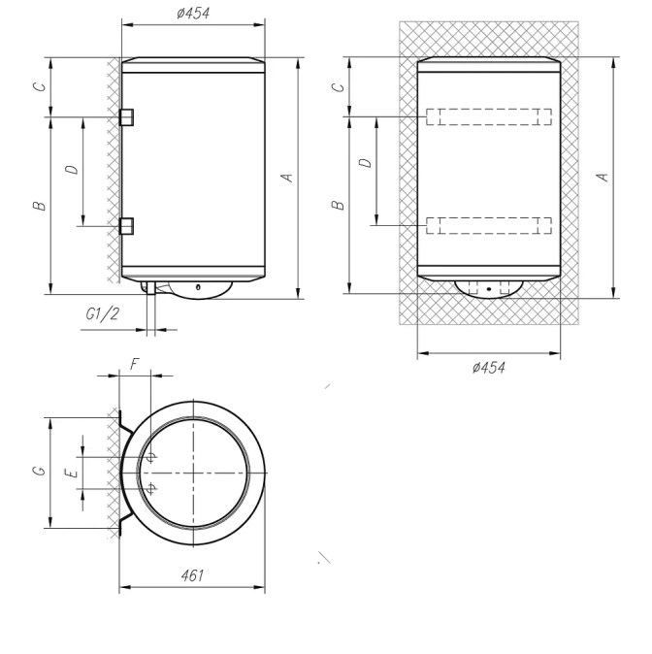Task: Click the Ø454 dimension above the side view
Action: (193, 14)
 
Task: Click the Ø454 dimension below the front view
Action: (488, 368)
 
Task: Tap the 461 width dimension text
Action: (192, 575)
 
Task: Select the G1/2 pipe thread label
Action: (102, 313)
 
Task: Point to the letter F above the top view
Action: (134, 364)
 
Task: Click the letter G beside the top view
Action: (39, 471)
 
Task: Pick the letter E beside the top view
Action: (72, 473)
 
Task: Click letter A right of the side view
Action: (287, 178)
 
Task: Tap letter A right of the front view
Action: (603, 177)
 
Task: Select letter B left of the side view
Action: (40, 205)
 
